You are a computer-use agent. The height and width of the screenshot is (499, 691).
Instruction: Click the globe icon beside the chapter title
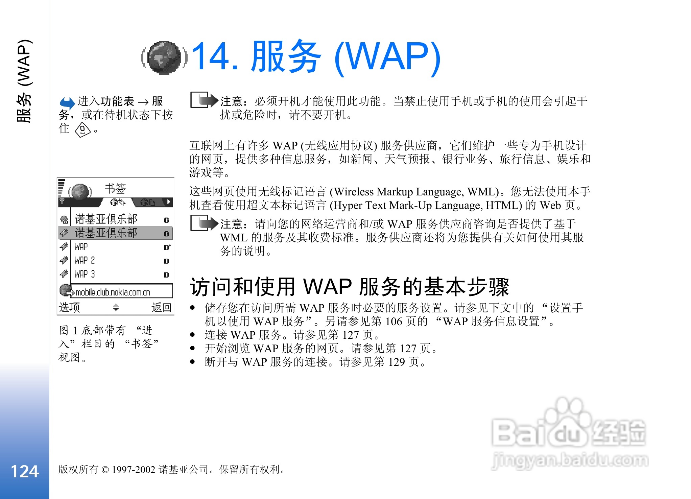pos(164,57)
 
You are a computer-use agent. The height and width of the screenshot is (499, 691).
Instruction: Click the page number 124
pos(25,471)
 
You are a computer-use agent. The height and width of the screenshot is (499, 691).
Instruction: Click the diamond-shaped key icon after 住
pos(83,130)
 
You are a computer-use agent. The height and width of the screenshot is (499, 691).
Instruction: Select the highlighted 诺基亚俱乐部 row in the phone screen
pos(115,233)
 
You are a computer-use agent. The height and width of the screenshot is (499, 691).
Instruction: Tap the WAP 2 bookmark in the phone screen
pos(85,260)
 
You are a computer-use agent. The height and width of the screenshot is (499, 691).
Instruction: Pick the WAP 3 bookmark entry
pos(85,274)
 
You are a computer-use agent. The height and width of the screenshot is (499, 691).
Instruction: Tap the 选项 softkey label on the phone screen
pos(69,307)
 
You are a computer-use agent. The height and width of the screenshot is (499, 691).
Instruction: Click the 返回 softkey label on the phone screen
pos(162,307)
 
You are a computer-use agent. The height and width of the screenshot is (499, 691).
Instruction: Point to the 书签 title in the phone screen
pos(115,188)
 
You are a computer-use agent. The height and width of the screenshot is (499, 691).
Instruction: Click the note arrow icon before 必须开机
pos(204,100)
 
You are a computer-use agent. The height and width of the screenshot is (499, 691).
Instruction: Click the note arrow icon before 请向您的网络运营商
pos(204,223)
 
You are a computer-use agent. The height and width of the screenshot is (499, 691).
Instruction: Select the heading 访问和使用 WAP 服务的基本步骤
pos(350,287)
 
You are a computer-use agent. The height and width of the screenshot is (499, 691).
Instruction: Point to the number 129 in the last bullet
pos(397,362)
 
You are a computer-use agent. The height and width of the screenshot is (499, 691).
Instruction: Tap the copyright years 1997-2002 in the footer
pos(134,470)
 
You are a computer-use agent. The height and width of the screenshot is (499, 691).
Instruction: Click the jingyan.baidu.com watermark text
pos(570,460)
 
